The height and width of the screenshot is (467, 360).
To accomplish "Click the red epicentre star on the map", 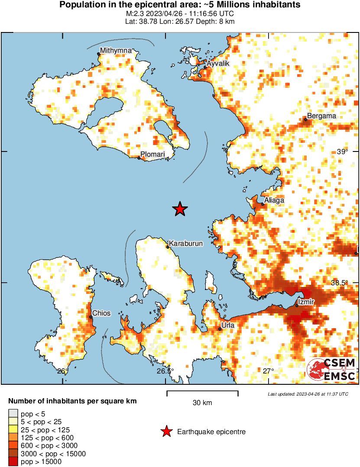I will click(180, 209).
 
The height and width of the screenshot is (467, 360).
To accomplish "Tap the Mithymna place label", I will click(116, 51).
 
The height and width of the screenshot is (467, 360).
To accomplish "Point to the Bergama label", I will click(321, 116).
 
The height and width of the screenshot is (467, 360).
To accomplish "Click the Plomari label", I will click(153, 155).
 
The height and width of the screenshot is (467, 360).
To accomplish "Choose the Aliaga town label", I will click(275, 200).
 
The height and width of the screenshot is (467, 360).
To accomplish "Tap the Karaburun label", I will click(185, 244).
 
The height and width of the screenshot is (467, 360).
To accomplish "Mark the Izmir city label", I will click(306, 301).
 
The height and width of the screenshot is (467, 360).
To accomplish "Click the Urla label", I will click(228, 325).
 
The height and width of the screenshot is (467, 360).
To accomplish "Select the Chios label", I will click(101, 313).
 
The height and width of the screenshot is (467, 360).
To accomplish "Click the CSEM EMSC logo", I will click(332, 370).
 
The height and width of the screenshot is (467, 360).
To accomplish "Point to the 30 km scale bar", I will click(202, 393).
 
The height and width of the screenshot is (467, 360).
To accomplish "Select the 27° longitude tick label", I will click(269, 371).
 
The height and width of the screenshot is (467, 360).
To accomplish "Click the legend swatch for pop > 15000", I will click(13, 462).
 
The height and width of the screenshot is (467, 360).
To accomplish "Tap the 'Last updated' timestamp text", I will click(308, 394).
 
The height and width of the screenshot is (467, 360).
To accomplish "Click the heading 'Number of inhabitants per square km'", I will click(72, 401).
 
